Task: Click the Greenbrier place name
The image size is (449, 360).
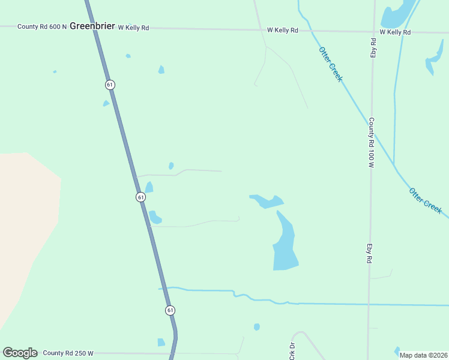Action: tap(92, 26)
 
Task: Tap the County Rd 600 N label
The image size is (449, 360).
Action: tap(42, 27)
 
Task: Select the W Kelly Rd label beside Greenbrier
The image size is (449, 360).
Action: tap(133, 28)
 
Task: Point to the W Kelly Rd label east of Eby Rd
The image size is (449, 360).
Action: tap(395, 32)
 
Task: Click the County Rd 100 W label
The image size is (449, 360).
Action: tap(372, 142)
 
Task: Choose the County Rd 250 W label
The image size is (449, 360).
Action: tap(68, 353)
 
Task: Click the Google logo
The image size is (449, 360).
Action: tap(20, 353)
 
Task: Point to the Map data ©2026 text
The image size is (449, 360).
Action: tap(423, 355)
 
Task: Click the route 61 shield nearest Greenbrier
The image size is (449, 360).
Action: tap(110, 85)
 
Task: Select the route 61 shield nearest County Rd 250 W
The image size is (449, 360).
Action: tap(170, 310)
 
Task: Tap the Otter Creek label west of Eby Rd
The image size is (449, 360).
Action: tap(331, 64)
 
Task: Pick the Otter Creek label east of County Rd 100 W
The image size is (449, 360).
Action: tap(426, 200)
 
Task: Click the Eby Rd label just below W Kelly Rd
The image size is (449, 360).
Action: tap(373, 48)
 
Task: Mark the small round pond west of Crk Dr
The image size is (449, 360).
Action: tap(257, 327)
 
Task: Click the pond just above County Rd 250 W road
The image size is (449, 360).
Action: tap(161, 343)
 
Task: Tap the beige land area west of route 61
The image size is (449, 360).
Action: tap(27, 228)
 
